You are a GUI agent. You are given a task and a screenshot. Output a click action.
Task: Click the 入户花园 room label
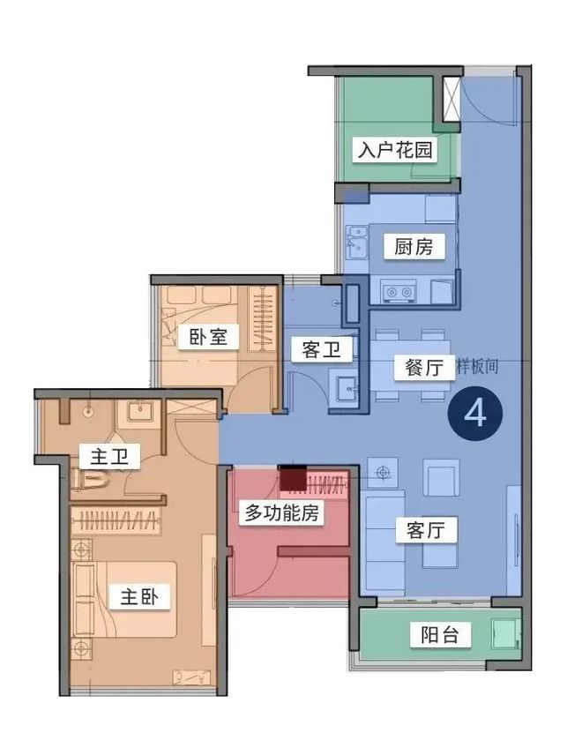(395, 150)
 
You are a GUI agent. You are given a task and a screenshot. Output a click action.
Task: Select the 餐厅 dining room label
(412, 369)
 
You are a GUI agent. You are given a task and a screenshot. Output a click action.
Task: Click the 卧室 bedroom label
(208, 338)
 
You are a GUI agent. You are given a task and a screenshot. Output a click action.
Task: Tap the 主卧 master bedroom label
(139, 597)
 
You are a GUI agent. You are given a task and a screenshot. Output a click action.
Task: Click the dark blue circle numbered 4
(476, 413)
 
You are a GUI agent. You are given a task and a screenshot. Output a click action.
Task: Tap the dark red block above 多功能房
(292, 478)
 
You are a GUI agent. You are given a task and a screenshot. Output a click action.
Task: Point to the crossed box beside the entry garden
(451, 99)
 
